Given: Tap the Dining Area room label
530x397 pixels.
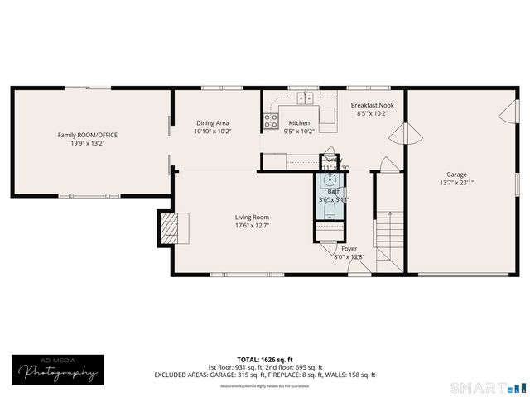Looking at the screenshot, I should pos(212,122).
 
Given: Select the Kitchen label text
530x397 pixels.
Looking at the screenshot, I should pos(299,122).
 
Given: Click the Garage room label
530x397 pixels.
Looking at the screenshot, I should pos(456,175).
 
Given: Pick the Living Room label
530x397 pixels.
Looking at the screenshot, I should pos(252,217).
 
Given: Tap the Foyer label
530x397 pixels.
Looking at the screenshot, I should pos(349,248).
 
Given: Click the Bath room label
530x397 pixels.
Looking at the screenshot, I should pos(333,191).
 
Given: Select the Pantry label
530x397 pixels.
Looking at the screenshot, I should pos(333,160).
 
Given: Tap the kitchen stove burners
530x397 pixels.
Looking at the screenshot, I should pos(271,122).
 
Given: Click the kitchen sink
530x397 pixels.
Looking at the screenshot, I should pos(306,98).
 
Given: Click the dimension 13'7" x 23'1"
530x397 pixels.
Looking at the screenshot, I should pos(456,184).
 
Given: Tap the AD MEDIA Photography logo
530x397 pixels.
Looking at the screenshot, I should pos(55,369).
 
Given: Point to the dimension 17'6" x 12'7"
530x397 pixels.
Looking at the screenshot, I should pos(252,225).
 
